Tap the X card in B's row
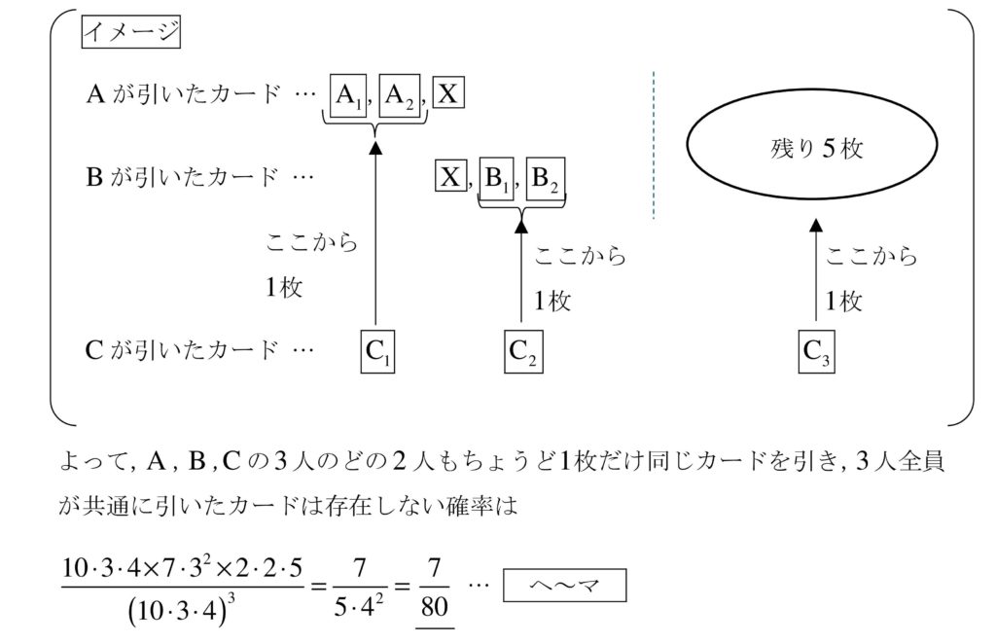pyautogui.click(x=449, y=178)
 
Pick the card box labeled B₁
pyautogui.click(x=499, y=179)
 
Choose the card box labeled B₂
pyautogui.click(x=546, y=179)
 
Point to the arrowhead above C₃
pyautogui.click(x=816, y=225)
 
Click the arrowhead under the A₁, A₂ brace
pyautogui.click(x=374, y=147)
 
